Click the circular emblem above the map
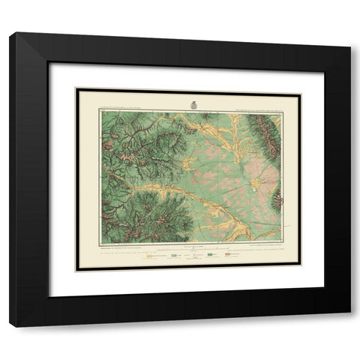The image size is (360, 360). click(x=190, y=104)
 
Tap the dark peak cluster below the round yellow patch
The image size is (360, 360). click(x=277, y=200)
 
